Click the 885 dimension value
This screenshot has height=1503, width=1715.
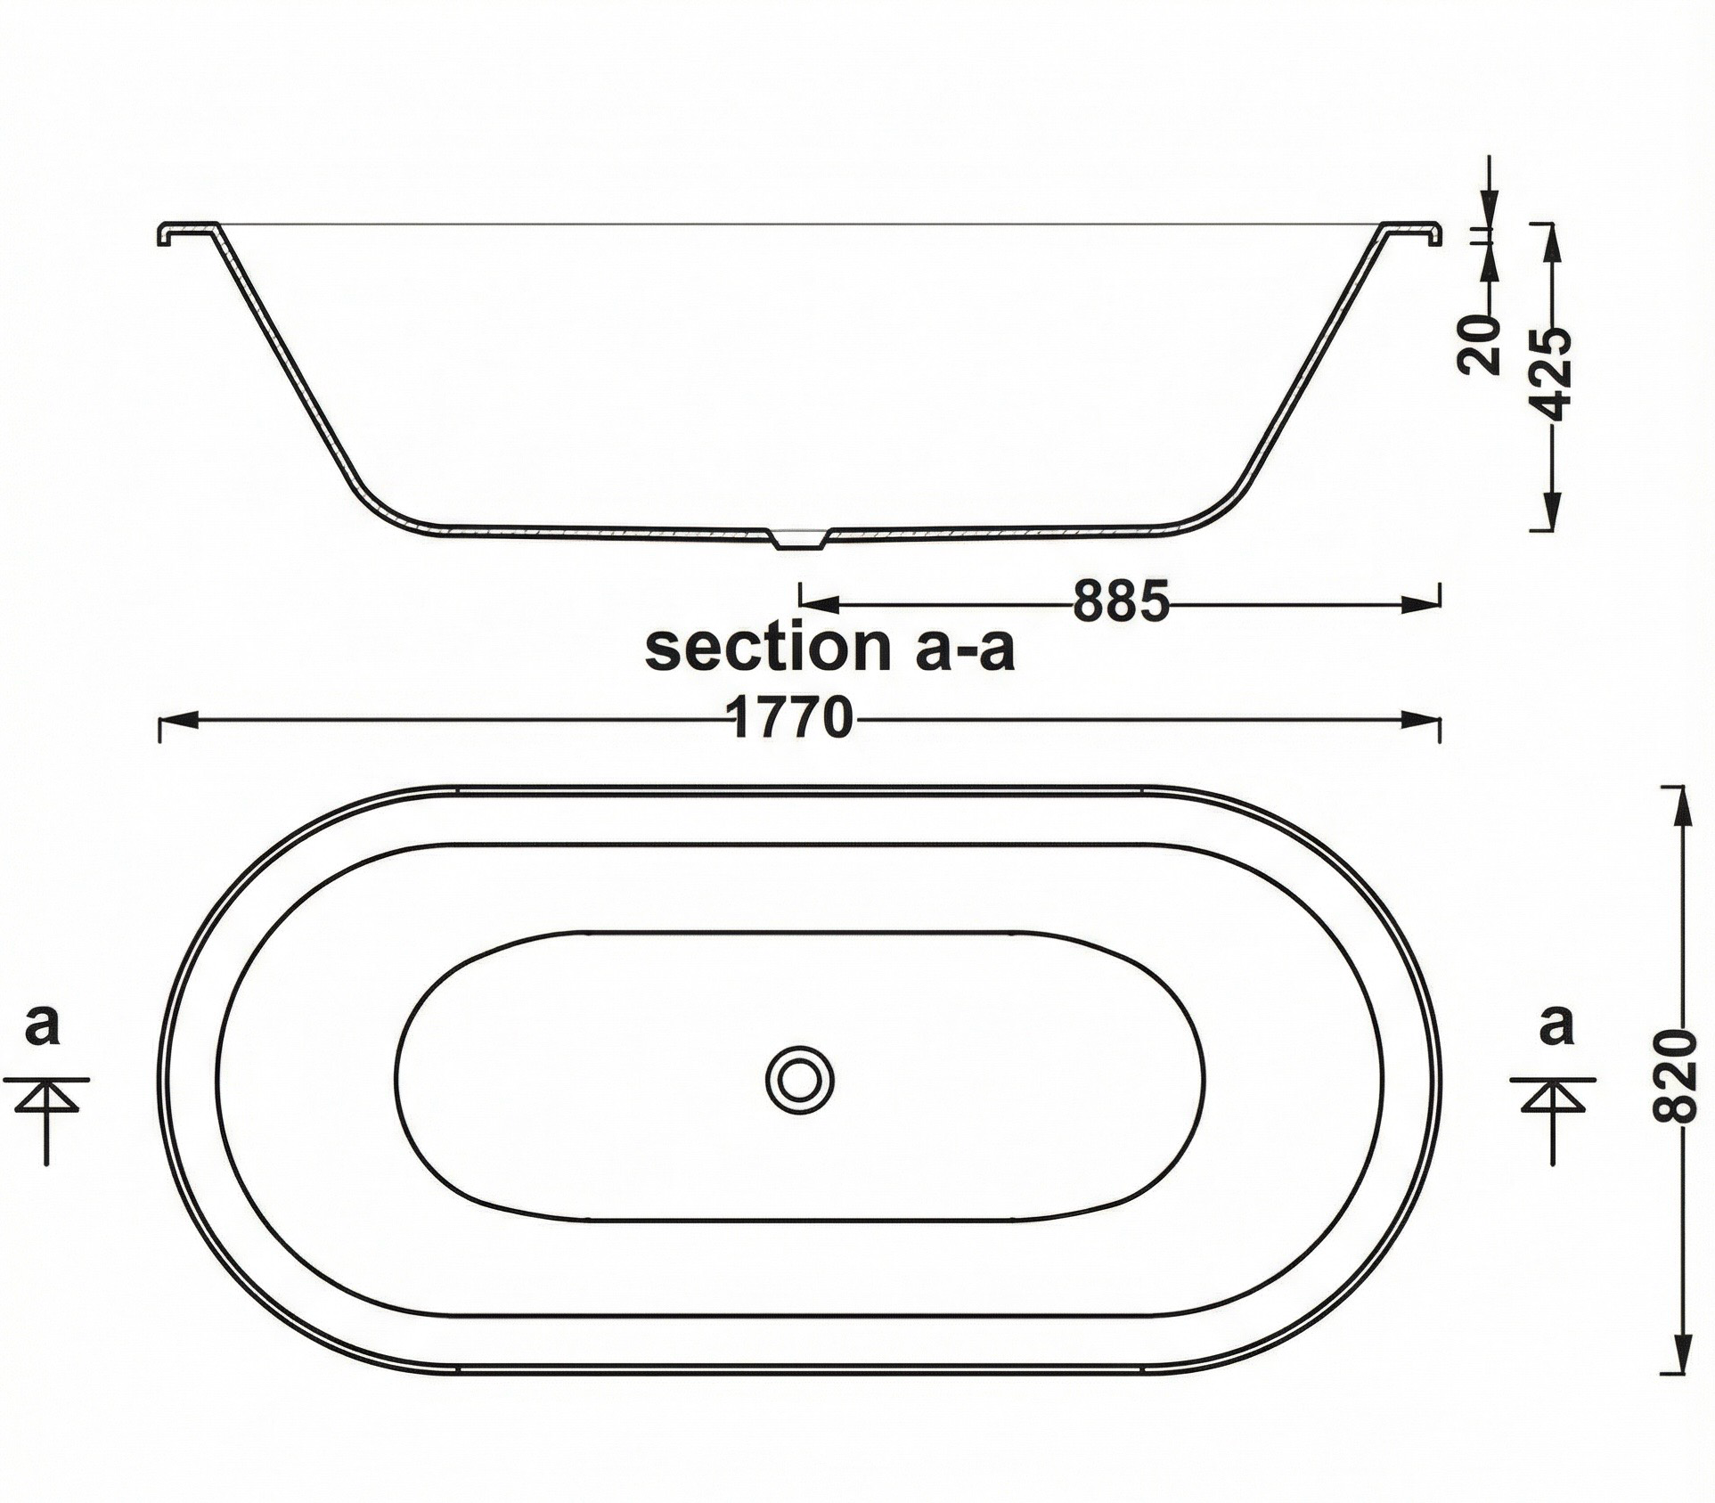tap(1120, 601)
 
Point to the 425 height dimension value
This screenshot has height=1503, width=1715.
tap(1555, 375)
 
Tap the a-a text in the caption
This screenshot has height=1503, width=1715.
tap(965, 649)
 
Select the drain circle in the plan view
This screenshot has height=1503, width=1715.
tap(800, 1078)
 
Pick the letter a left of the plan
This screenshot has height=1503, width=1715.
tap(42, 1025)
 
